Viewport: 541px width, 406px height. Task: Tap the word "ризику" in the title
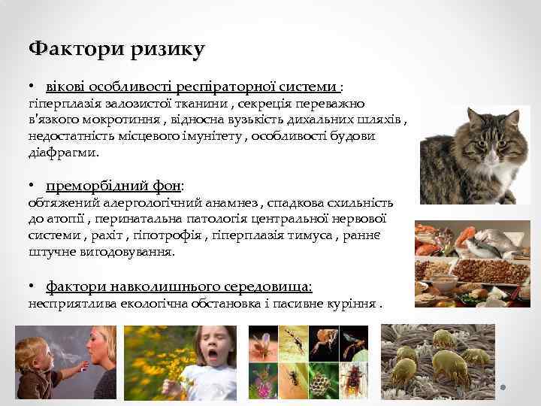163,50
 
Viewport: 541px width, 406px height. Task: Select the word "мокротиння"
108,120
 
